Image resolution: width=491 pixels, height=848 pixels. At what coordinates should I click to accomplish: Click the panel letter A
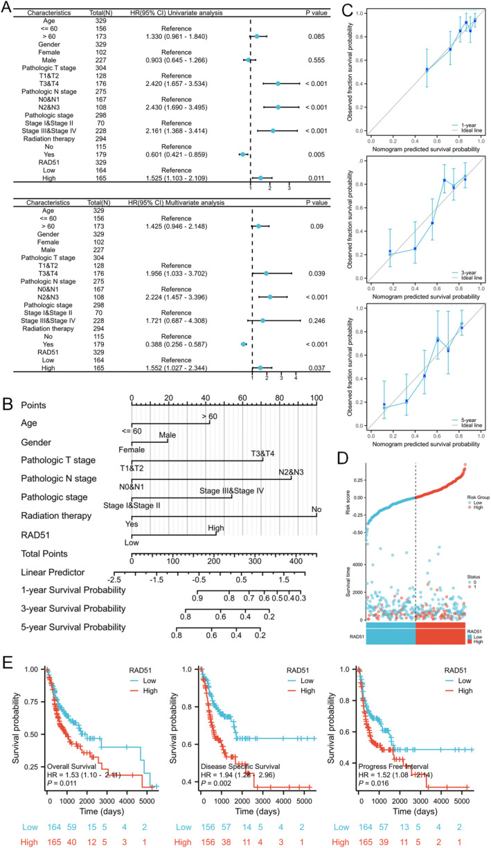click(x=8, y=7)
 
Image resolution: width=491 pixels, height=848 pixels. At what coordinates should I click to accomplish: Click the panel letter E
click(x=8, y=655)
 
